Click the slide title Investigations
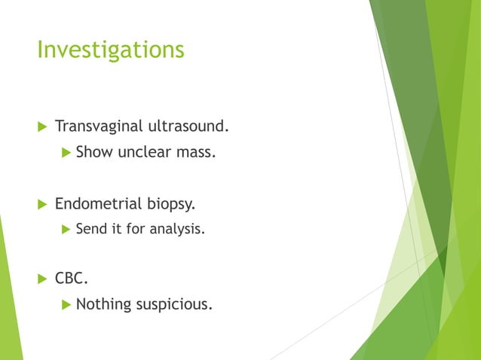(x=111, y=50)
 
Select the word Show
(x=94, y=153)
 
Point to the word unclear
(x=146, y=153)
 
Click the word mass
(x=197, y=153)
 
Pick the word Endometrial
(x=97, y=203)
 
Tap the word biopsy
(x=170, y=204)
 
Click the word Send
(x=91, y=228)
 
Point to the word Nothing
(x=103, y=305)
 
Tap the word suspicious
(x=173, y=305)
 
